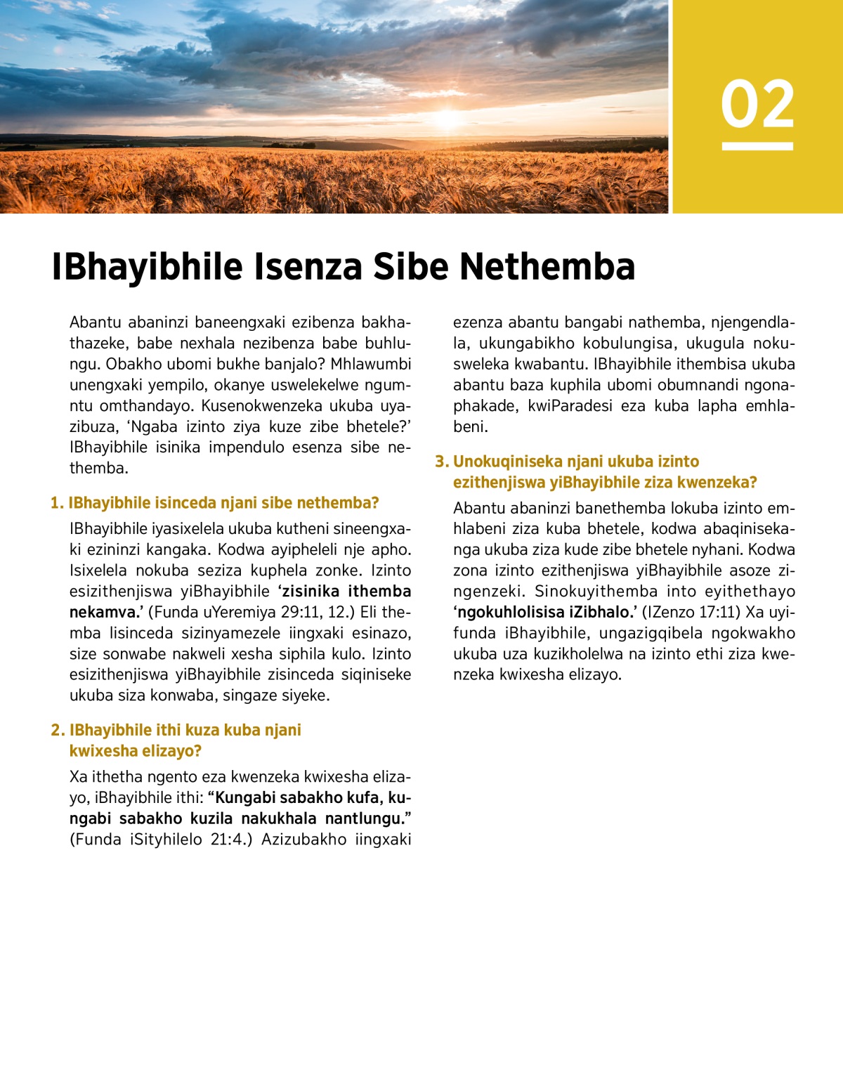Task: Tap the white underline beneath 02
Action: click(x=757, y=146)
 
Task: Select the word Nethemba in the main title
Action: click(x=547, y=267)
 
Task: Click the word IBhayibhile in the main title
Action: click(x=147, y=267)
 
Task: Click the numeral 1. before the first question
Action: click(x=57, y=503)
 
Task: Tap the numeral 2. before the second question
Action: click(x=58, y=730)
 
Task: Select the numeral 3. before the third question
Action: click(x=441, y=462)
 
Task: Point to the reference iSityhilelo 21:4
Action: click(x=185, y=839)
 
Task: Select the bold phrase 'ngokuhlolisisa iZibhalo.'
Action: click(x=544, y=612)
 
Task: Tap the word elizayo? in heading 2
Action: click(x=171, y=751)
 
